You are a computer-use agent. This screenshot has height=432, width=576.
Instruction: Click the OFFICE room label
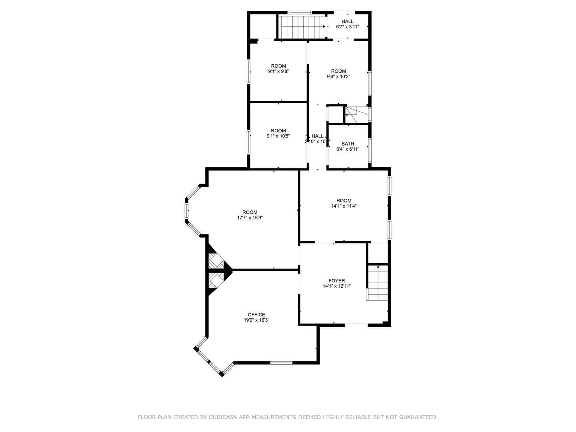[256, 315]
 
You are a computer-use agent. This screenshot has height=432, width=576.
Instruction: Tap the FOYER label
[336, 281]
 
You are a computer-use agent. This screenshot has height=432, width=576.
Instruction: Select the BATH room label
[348, 144]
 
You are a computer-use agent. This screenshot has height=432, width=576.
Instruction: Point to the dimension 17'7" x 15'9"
[250, 218]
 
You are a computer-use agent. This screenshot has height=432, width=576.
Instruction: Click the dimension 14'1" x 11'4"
[344, 206]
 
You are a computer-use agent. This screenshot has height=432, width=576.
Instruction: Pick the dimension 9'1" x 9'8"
[278, 72]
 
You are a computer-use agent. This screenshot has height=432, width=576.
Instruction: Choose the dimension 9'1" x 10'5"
[278, 136]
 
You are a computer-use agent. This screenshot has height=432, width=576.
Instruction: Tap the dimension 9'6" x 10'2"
[338, 77]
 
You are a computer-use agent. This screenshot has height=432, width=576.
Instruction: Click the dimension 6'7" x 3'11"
[347, 27]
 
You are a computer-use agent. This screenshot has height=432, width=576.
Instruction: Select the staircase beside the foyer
[378, 283]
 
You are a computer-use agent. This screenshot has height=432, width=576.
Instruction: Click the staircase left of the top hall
[302, 27]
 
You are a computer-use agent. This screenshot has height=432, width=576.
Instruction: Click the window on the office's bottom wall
[281, 363]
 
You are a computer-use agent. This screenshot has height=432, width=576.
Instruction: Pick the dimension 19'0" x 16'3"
[256, 320]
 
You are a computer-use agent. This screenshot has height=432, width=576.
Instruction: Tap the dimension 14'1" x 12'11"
[336, 286]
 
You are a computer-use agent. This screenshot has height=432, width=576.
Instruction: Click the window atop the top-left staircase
[300, 12]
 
